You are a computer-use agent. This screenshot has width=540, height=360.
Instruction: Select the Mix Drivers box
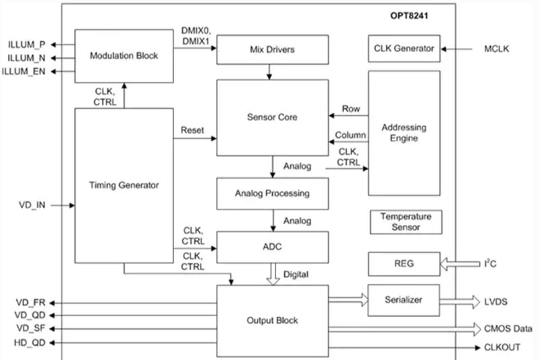click(x=272, y=49)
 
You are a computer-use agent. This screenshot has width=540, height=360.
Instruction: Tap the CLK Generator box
click(x=404, y=49)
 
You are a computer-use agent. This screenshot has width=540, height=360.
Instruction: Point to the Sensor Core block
click(x=272, y=118)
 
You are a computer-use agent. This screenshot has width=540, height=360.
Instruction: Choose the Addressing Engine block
click(x=404, y=133)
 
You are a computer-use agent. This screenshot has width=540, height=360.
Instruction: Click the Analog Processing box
click(x=272, y=193)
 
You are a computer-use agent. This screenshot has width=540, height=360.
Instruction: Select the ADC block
click(x=272, y=247)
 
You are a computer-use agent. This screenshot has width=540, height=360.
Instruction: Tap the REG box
click(x=404, y=263)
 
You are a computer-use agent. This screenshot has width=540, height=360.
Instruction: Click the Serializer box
click(x=404, y=299)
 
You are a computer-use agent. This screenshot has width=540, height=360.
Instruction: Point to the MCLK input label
click(x=498, y=49)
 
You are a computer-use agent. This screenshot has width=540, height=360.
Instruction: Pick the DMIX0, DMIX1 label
click(x=196, y=36)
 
